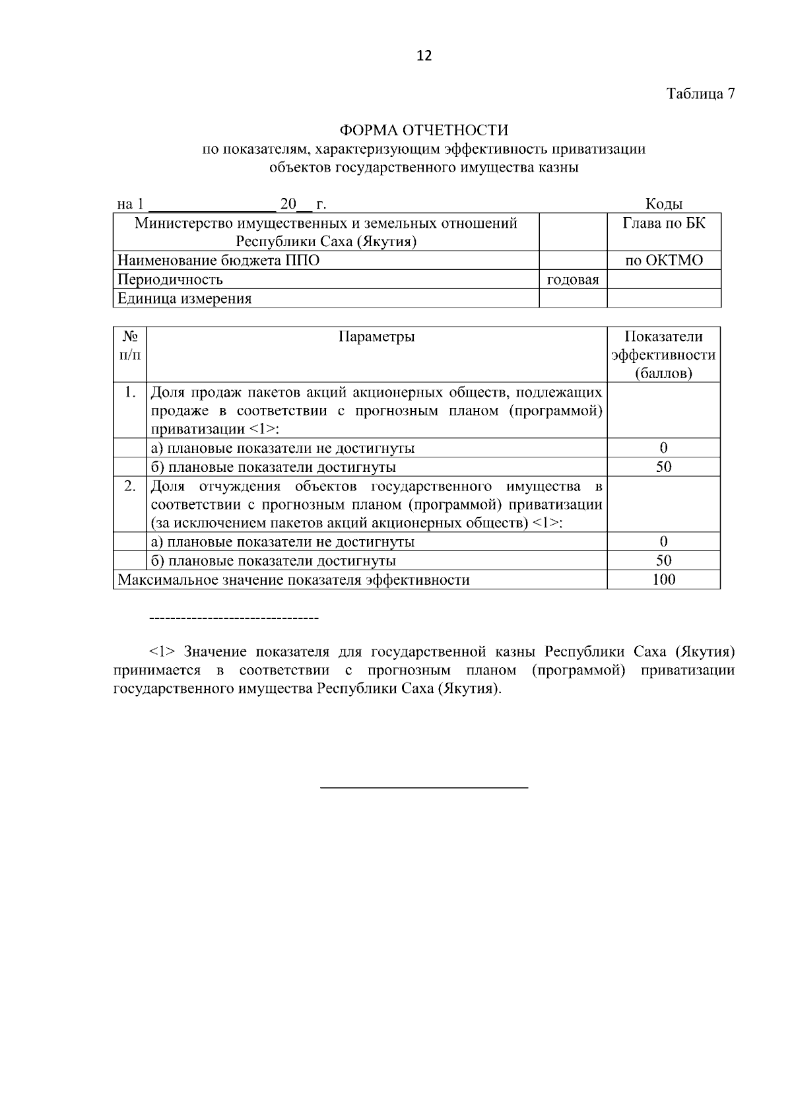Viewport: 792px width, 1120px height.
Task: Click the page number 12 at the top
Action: pos(424,56)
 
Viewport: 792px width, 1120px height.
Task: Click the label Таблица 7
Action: pos(700,94)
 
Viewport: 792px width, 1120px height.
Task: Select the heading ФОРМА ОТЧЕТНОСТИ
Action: pos(424,130)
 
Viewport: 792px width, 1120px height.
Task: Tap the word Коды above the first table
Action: pos(663,204)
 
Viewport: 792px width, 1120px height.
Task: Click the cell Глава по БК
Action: pos(663,223)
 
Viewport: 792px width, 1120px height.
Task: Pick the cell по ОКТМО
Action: pos(663,260)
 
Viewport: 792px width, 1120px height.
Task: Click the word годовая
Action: pos(573,279)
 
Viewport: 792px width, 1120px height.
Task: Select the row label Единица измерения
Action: pos(185,298)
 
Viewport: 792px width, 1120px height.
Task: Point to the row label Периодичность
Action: pos(170,279)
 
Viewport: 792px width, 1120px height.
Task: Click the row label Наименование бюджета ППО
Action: pos(218,260)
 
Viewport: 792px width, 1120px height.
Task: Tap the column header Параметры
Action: pos(376,337)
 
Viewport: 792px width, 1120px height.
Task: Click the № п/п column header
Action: pos(130,346)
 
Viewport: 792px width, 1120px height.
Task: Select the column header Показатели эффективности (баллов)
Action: pos(663,355)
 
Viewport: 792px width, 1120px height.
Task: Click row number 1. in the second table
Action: pos(130,393)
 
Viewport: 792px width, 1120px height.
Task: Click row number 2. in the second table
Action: pos(130,486)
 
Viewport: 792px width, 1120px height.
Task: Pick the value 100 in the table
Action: pos(663,579)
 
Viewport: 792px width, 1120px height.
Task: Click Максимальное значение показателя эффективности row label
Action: pos(294,579)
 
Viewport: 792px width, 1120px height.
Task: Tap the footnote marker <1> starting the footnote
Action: pos(162,652)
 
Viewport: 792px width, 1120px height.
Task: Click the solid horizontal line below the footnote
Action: pos(424,787)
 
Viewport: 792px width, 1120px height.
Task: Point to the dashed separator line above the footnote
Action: pos(234,618)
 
